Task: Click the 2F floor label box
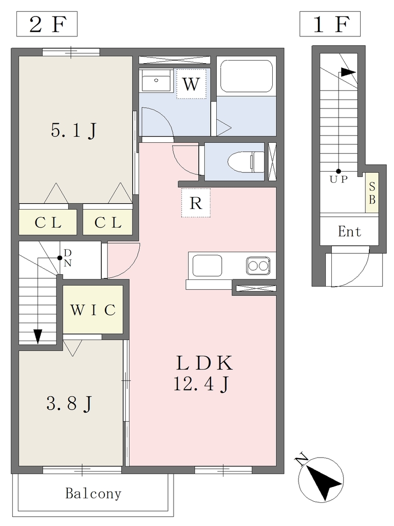(x=47, y=24)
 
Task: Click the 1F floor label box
(x=330, y=24)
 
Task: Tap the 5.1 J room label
(x=74, y=130)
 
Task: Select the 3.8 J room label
(x=69, y=404)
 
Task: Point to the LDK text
(x=204, y=363)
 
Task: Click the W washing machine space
(x=191, y=84)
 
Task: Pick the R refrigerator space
(x=196, y=202)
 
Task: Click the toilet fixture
(x=246, y=161)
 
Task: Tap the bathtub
(x=247, y=77)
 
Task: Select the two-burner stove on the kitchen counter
(x=258, y=266)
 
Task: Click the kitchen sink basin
(x=207, y=266)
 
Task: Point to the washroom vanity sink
(x=156, y=81)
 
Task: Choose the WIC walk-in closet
(x=93, y=310)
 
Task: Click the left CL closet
(x=48, y=222)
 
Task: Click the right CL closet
(x=107, y=222)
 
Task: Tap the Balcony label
(x=93, y=494)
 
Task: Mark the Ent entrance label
(x=349, y=232)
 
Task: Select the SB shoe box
(x=372, y=193)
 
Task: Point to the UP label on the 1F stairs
(x=339, y=179)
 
